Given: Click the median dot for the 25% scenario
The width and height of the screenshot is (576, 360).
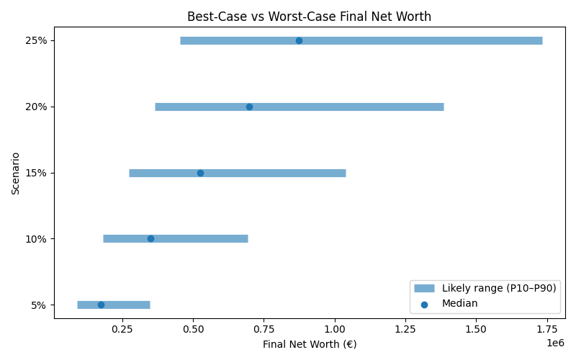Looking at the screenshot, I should (299, 40).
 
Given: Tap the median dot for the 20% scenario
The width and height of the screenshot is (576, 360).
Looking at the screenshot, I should (249, 107).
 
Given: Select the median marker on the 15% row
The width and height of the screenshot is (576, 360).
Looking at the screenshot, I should (200, 173).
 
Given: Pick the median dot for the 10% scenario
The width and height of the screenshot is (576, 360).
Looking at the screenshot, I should (150, 238).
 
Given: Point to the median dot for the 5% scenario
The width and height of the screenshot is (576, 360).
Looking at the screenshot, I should (101, 305).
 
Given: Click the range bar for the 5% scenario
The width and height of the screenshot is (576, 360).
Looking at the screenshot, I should (130, 305).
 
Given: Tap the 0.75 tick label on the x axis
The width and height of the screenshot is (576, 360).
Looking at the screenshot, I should (264, 329).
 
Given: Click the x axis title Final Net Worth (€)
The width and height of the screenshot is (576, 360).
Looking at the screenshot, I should (310, 344).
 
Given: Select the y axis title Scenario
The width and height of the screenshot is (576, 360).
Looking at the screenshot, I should (16, 173).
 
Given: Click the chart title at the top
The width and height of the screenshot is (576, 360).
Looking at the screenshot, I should (309, 16).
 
